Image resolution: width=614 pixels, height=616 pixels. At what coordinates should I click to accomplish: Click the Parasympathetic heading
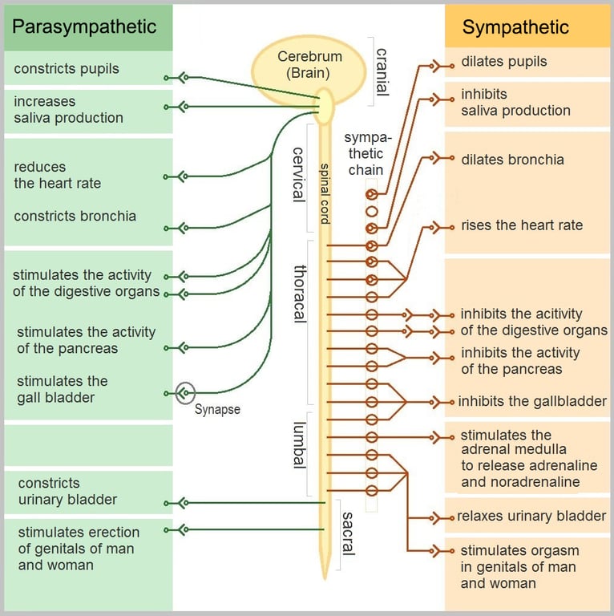click(x=84, y=26)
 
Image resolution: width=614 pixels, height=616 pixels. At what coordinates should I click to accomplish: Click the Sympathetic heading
click(x=515, y=27)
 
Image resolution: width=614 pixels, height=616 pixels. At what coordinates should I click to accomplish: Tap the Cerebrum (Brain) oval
click(x=309, y=64)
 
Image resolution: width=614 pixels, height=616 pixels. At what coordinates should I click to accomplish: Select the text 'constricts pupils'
click(x=67, y=69)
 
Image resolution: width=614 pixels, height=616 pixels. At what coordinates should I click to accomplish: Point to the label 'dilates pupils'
click(x=504, y=61)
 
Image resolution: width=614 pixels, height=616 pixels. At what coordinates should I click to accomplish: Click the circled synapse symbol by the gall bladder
click(x=184, y=393)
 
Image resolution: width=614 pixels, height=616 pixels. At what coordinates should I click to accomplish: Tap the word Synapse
click(x=217, y=409)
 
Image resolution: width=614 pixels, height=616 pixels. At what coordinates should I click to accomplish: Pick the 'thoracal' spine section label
click(x=300, y=293)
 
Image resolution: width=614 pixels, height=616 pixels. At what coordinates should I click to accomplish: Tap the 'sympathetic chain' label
click(x=366, y=154)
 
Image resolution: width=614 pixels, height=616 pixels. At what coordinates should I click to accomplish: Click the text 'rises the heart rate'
click(x=522, y=225)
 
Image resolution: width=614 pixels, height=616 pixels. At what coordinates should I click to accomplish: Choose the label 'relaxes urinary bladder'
click(x=531, y=516)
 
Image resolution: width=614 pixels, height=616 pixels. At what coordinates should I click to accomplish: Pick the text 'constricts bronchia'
click(x=75, y=216)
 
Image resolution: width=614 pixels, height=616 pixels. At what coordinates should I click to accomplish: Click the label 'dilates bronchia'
click(x=512, y=160)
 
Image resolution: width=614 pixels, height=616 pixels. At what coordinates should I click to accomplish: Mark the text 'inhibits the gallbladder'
click(x=532, y=401)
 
